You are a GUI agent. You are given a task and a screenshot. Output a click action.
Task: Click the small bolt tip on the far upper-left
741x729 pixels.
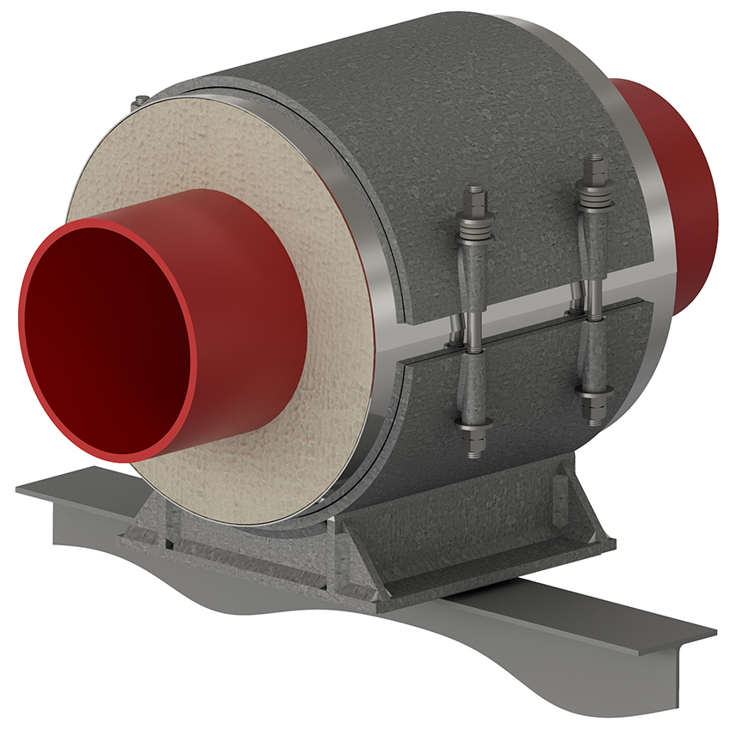(139, 104)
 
